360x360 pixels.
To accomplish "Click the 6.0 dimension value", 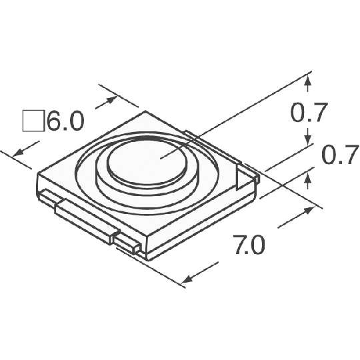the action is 65,121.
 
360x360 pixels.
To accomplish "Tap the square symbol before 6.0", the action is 33,121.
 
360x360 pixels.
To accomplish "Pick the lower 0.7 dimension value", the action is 341,155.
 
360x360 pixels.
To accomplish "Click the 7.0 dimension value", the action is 250,244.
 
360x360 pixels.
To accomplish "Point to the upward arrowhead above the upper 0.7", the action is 308,81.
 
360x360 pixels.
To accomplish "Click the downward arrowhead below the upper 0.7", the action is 308,141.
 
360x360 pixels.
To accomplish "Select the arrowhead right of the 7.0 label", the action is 309,210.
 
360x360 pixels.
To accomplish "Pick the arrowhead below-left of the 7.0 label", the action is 187,279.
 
